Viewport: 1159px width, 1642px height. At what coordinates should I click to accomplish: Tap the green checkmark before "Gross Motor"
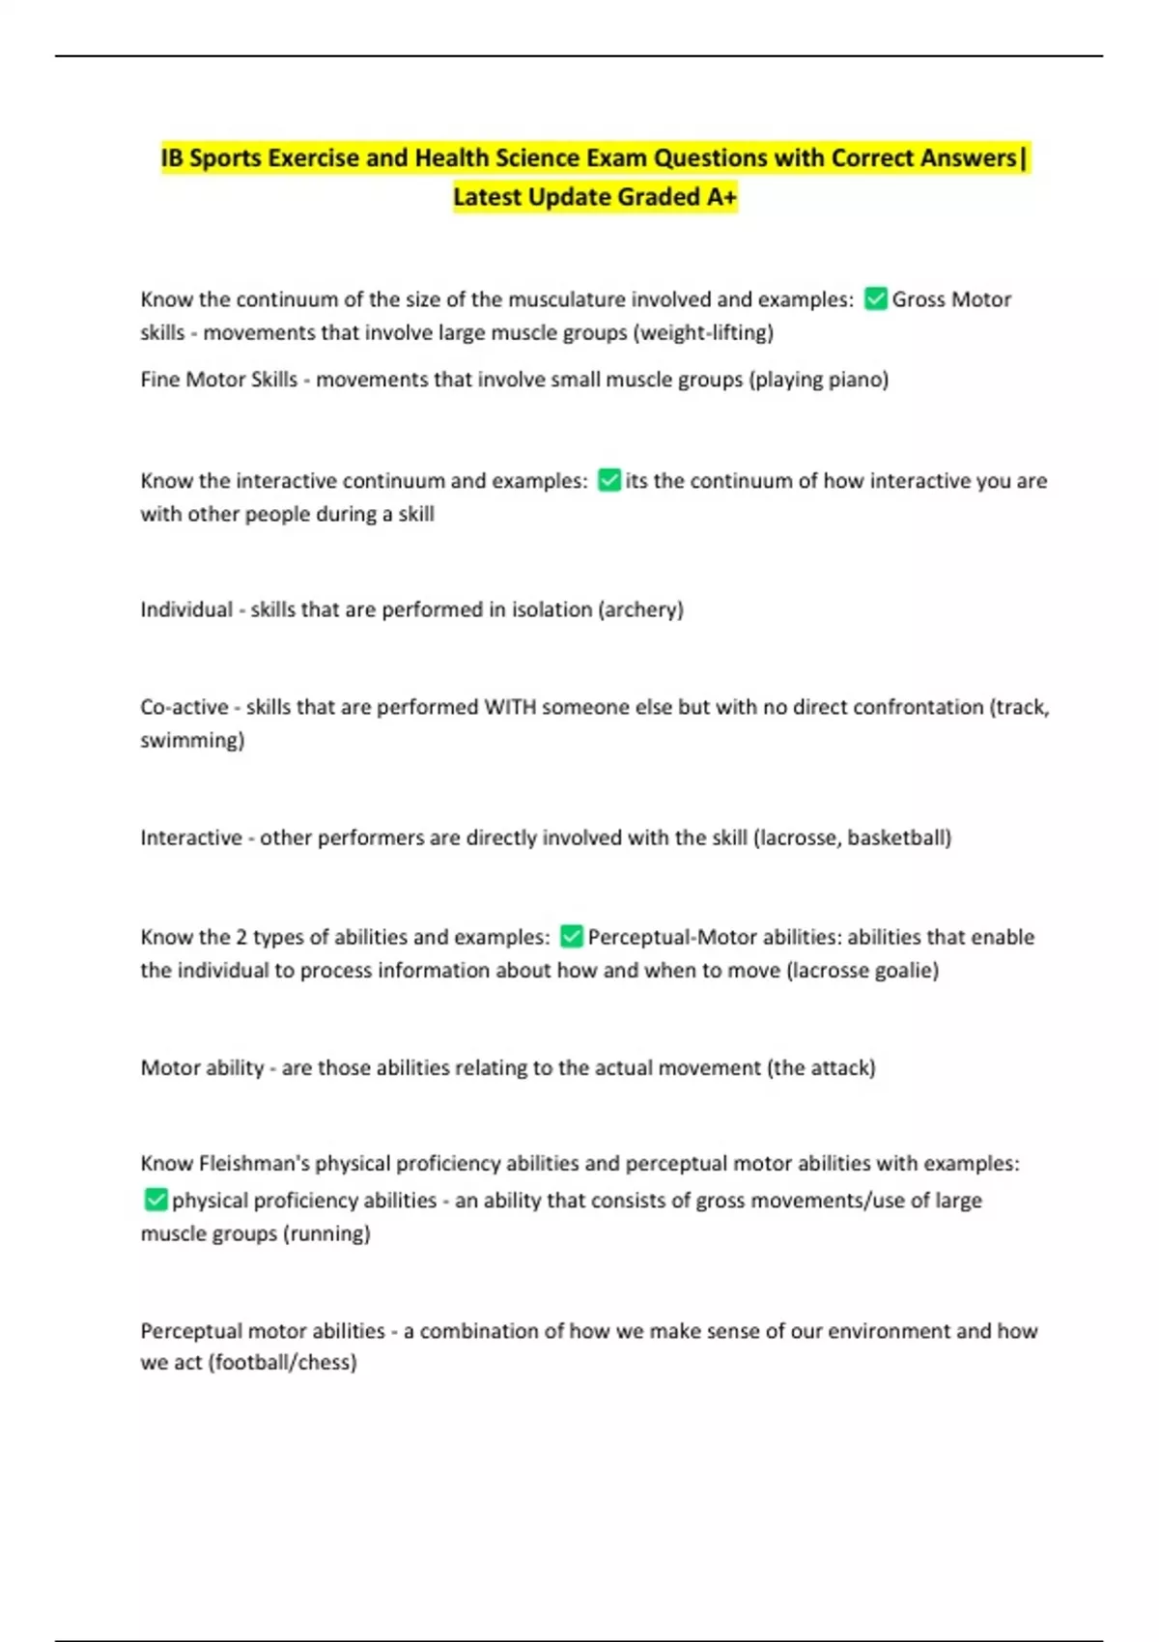tap(875, 299)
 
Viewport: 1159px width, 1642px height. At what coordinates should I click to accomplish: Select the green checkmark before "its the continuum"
tap(608, 480)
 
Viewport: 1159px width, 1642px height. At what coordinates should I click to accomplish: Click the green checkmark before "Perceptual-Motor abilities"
tap(571, 937)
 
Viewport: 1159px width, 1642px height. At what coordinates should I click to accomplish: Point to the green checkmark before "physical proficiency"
tap(155, 1200)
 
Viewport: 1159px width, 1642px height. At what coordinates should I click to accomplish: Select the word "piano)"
tap(858, 380)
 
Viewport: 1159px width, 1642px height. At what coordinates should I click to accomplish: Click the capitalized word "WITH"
tap(510, 707)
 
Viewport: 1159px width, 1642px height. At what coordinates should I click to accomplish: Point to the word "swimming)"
tap(192, 740)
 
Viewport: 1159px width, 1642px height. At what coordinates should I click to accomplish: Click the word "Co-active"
tap(184, 707)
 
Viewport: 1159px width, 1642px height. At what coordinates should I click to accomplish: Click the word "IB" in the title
tap(172, 158)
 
